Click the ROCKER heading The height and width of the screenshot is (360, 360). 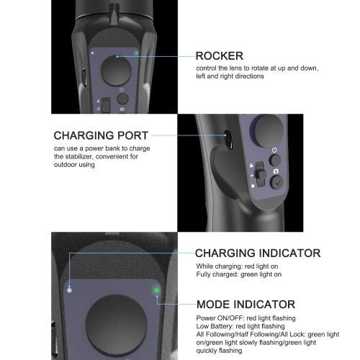(220, 56)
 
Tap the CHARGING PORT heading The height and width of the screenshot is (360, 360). (101, 135)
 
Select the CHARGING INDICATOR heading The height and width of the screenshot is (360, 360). (258, 253)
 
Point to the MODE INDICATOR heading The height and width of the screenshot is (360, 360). (246, 305)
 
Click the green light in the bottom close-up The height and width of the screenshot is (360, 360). (156, 290)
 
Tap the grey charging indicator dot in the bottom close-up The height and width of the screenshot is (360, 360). (69, 290)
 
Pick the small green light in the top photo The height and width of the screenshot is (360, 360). (136, 53)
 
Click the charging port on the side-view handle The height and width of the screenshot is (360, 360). (228, 139)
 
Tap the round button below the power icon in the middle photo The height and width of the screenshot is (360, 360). (275, 160)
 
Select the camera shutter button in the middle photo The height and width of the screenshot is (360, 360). (276, 182)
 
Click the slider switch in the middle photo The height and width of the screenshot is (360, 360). (260, 174)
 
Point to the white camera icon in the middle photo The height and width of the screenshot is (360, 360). (276, 171)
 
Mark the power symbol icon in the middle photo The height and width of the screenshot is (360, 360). (274, 150)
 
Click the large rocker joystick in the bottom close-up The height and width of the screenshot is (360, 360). (117, 325)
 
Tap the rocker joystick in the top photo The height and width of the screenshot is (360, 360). (116, 71)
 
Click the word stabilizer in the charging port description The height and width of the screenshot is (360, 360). (79, 157)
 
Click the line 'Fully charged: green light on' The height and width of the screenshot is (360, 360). (239, 274)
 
